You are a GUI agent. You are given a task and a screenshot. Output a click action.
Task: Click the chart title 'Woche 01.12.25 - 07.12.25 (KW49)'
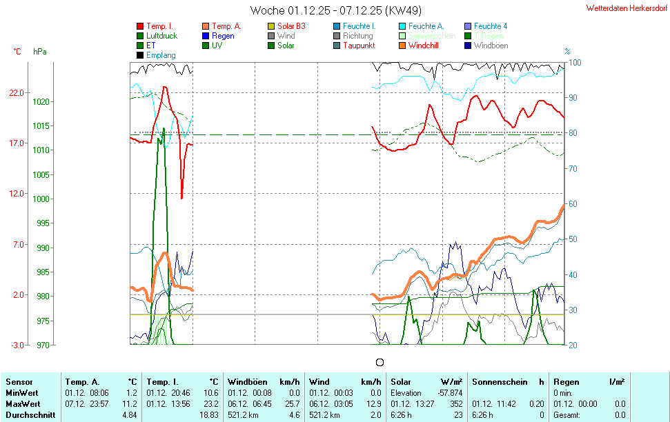[x=336, y=10]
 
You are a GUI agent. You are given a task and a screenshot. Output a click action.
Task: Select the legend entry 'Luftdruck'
[x=161, y=36]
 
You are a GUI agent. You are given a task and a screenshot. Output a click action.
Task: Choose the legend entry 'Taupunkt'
[x=358, y=46]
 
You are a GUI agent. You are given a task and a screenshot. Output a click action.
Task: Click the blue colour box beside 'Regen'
[x=206, y=36]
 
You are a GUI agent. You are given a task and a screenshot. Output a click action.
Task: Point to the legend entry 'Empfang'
[x=161, y=55]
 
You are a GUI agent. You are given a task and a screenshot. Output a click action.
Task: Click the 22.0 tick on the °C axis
[x=17, y=93]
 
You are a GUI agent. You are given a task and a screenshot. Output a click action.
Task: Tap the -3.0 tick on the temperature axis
[x=17, y=345]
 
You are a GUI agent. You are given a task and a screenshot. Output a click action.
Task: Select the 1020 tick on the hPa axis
[x=41, y=101]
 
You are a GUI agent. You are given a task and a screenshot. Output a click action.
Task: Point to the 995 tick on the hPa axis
[x=43, y=223]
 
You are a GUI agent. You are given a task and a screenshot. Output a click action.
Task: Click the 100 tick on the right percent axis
[x=574, y=63]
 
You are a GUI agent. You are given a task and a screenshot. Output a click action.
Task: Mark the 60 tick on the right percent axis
[x=572, y=204]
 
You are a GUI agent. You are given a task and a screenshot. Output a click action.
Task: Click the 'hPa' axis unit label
[x=39, y=52]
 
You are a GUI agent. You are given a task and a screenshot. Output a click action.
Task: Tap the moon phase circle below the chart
[x=379, y=362]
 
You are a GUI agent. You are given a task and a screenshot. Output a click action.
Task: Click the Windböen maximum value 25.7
[x=294, y=404]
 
